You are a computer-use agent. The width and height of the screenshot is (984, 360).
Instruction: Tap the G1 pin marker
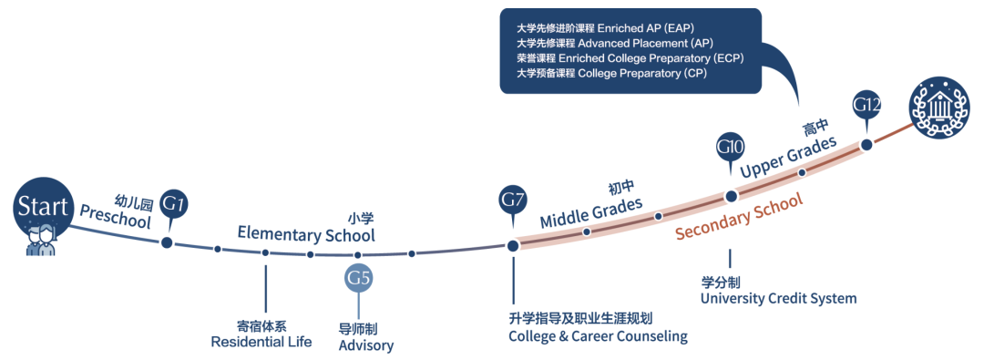point(174,206)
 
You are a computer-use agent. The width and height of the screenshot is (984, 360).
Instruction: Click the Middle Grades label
point(592,212)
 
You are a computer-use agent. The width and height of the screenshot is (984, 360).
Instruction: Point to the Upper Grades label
point(788,157)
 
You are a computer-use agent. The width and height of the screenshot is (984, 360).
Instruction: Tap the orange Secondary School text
point(739,218)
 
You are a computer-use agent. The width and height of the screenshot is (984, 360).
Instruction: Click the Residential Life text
point(261,342)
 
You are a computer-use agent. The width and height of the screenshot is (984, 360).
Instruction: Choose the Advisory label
point(366,345)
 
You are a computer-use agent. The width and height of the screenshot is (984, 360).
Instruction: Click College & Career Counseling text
point(598,336)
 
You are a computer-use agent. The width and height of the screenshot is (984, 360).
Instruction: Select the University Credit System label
point(778,298)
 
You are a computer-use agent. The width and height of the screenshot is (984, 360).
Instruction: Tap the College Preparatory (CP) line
point(598,73)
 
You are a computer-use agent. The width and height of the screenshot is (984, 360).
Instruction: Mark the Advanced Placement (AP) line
point(615,44)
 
